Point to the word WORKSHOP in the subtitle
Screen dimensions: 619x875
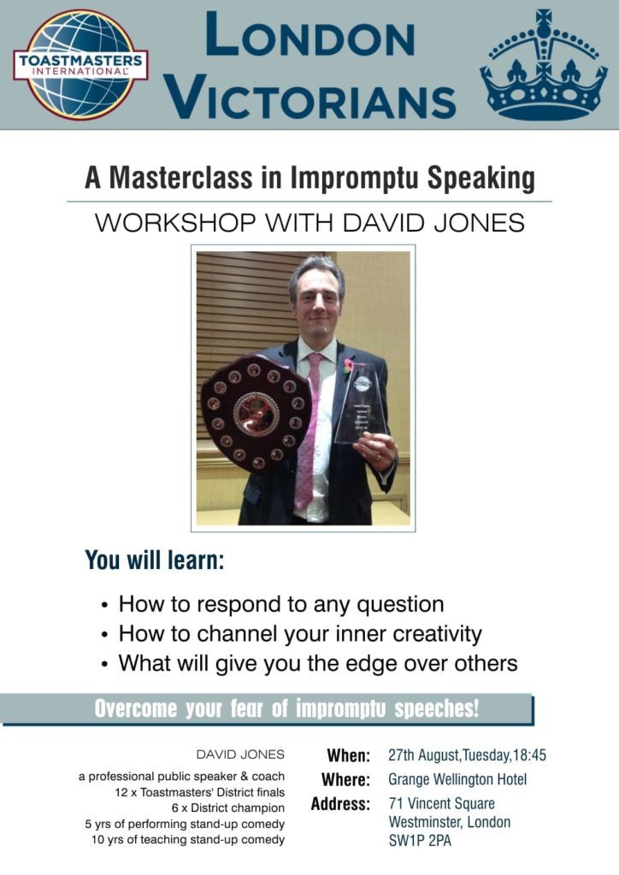pos(174,223)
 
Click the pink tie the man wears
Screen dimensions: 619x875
pos(308,430)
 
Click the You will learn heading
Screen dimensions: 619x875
pos(155,560)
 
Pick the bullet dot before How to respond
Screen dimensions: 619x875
pos(104,606)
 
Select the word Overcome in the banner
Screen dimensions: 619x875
pos(136,708)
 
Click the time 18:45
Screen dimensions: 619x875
pos(529,755)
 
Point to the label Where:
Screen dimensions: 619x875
pos(345,779)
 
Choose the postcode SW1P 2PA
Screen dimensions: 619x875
pos(420,841)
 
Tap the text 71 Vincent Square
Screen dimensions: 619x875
pos(441,803)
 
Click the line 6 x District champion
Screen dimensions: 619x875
pos(228,808)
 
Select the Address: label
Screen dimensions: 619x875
pos(340,804)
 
